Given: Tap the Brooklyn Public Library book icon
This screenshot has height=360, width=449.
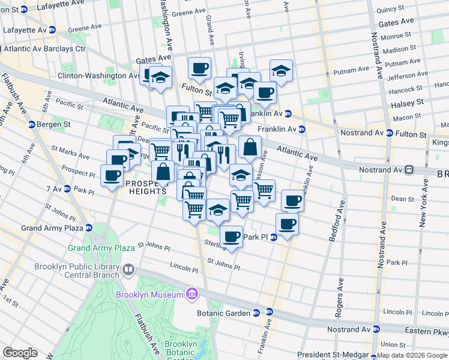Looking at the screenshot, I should pyautogui.click(x=127, y=270).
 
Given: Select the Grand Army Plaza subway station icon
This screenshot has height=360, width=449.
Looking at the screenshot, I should pyautogui.click(x=88, y=228).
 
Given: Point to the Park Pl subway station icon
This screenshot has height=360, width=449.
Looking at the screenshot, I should pyautogui.click(x=273, y=238).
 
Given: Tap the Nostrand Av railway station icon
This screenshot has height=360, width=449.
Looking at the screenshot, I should pyautogui.click(x=409, y=170).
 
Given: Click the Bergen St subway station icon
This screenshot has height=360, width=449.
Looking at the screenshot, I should pyautogui.click(x=31, y=124).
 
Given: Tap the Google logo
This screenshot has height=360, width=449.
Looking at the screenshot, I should pyautogui.click(x=20, y=353).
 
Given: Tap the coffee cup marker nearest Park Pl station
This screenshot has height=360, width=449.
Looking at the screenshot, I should pyautogui.click(x=231, y=236).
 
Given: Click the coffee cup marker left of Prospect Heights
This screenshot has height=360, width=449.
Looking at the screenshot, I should pyautogui.click(x=112, y=175).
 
